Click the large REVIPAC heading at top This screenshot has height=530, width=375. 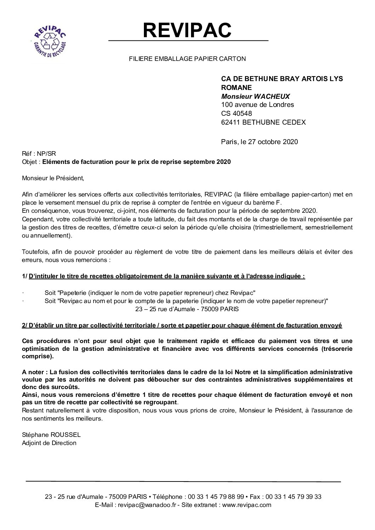pyautogui.click(x=187, y=30)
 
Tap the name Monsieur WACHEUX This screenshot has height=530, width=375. pyautogui.click(x=250, y=96)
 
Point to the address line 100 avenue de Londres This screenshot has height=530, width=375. pyautogui.click(x=257, y=105)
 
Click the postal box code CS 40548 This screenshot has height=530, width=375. pyautogui.click(x=236, y=114)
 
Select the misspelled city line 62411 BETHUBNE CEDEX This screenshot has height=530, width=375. pyautogui.click(x=263, y=122)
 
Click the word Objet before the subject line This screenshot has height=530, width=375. pyautogui.click(x=30, y=162)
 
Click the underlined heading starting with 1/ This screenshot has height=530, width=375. pyautogui.click(x=163, y=276)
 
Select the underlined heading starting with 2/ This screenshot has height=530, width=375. pyautogui.click(x=182, y=325)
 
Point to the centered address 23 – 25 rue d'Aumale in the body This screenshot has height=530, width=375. pyautogui.click(x=187, y=309)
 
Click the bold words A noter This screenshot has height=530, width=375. pyautogui.click(x=34, y=372)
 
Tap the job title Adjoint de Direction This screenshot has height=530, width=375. pyautogui.click(x=49, y=443)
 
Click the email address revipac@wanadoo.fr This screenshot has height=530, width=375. pyautogui.click(x=147, y=505)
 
